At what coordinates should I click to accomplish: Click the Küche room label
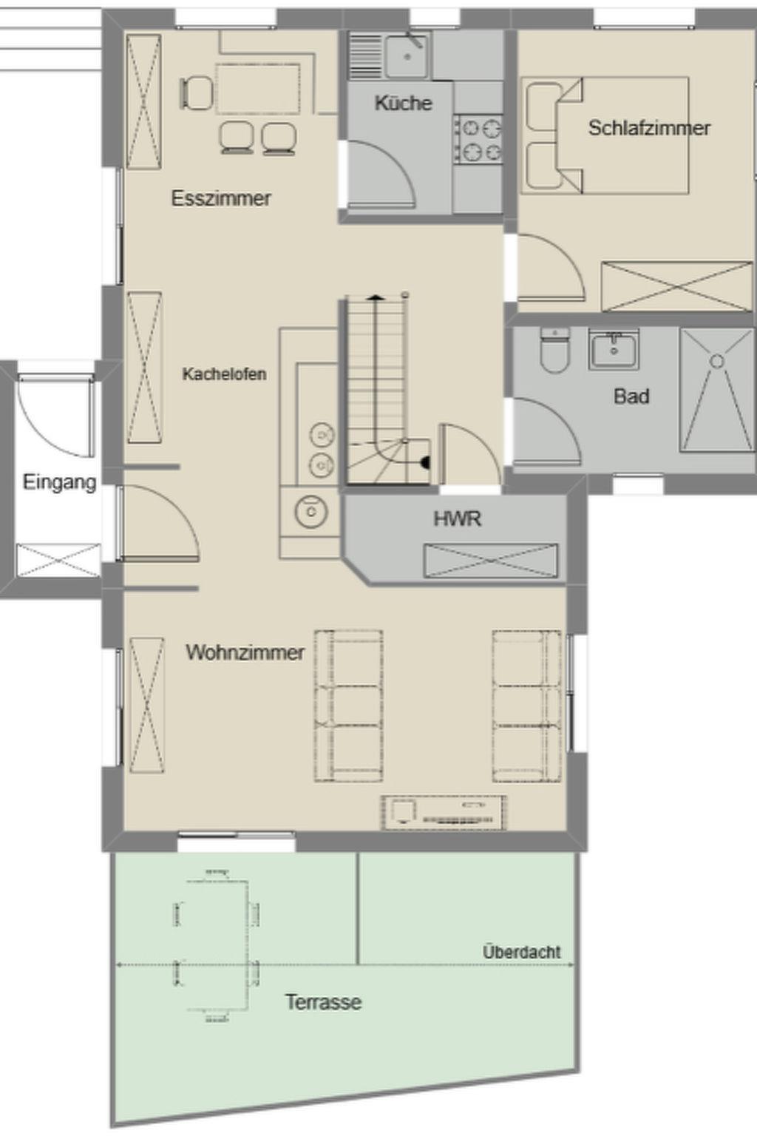(x=403, y=103)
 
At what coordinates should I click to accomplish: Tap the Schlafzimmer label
(x=649, y=128)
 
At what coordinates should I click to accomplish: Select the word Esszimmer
(x=221, y=198)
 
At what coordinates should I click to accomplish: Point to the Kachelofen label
(x=224, y=374)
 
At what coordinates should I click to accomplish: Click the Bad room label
(x=631, y=396)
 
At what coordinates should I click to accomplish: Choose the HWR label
(x=458, y=518)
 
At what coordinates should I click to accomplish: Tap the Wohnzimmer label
(x=245, y=652)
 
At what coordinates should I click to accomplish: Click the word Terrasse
(x=324, y=1002)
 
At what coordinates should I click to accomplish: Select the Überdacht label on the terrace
(x=522, y=952)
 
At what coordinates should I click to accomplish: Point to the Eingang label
(x=59, y=482)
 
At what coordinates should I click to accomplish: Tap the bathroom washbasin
(x=614, y=348)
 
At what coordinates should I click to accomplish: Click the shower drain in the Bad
(x=717, y=361)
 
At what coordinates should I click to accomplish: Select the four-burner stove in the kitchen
(x=479, y=138)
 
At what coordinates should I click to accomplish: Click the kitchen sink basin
(x=407, y=57)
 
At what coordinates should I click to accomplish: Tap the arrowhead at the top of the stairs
(x=375, y=297)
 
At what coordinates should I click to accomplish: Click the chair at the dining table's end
(x=197, y=92)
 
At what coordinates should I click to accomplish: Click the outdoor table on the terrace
(x=217, y=946)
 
